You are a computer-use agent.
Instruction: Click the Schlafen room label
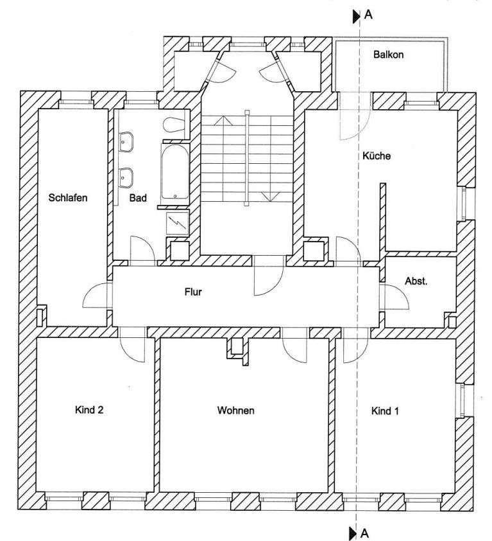(68, 198)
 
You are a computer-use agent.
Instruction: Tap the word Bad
(138, 198)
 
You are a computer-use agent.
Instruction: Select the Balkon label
(388, 55)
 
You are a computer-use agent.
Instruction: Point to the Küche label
(377, 155)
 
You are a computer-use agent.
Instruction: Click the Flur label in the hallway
(193, 292)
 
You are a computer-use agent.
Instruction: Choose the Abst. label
(416, 281)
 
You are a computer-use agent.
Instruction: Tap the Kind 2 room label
(89, 410)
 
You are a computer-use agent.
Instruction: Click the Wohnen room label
(236, 410)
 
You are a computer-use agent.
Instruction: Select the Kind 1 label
(385, 411)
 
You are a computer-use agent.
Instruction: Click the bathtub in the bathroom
(175, 172)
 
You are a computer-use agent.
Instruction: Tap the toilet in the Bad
(175, 125)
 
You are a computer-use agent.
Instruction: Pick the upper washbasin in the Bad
(126, 141)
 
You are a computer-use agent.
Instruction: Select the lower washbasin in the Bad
(126, 178)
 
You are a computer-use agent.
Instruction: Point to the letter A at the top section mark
(368, 15)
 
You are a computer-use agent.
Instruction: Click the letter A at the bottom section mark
(364, 533)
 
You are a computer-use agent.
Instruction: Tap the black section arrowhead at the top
(356, 17)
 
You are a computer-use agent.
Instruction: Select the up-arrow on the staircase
(224, 120)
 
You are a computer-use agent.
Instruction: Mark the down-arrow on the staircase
(271, 197)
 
